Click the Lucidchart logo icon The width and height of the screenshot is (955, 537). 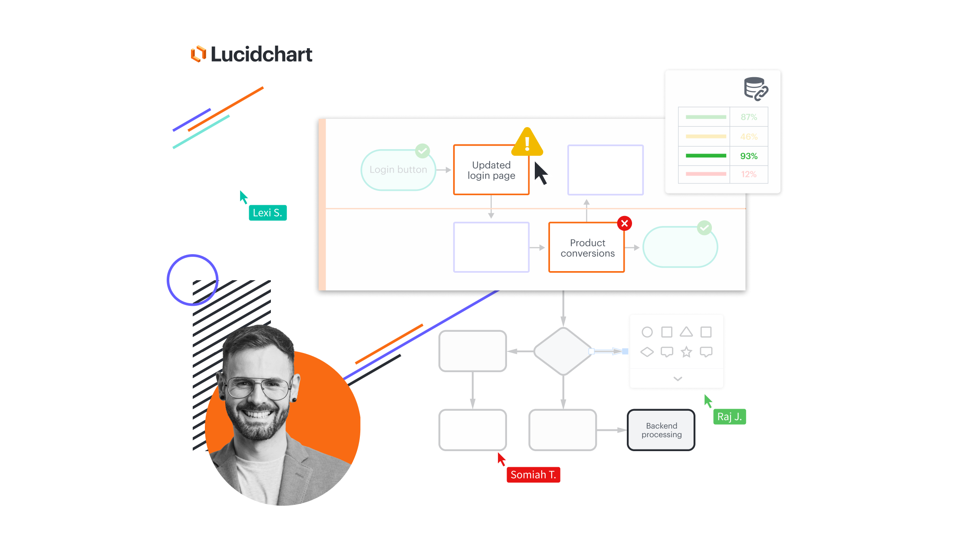(198, 54)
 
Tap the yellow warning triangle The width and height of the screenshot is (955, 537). (527, 142)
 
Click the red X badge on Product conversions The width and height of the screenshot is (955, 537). (625, 223)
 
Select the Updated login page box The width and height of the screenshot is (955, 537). (491, 170)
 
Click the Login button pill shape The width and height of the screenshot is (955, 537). (398, 170)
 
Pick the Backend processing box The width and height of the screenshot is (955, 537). (661, 430)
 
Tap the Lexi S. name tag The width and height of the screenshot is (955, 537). (268, 213)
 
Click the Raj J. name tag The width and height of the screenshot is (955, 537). (730, 416)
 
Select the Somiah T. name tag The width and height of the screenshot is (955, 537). (533, 475)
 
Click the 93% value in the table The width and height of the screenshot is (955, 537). (749, 156)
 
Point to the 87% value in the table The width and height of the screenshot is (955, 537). (749, 117)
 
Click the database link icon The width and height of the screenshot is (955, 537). (756, 89)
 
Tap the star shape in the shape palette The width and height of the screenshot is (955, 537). (686, 352)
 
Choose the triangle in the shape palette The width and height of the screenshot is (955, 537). (686, 333)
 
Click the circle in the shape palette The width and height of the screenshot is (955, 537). (647, 332)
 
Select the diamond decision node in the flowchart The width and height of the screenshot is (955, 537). (563, 351)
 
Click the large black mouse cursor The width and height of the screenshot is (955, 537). (540, 173)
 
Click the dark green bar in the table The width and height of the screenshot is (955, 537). (706, 156)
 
